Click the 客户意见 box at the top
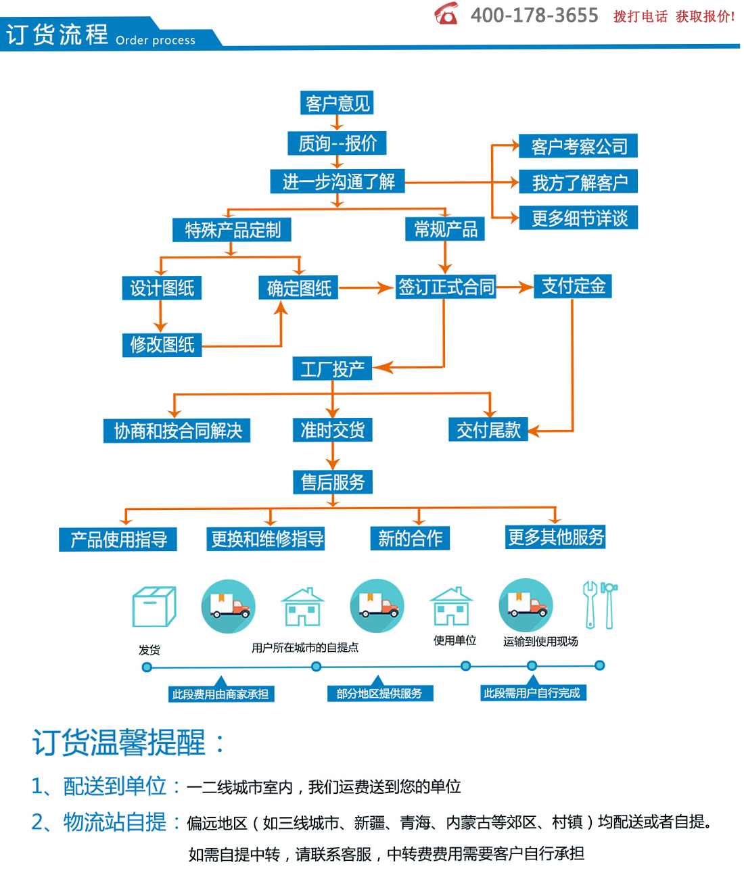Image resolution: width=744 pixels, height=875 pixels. (337, 103)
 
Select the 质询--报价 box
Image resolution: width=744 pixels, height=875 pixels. (337, 143)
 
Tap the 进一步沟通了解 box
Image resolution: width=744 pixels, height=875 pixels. (338, 182)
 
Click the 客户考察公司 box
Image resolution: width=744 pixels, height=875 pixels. (578, 146)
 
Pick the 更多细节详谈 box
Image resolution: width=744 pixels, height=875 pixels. (578, 218)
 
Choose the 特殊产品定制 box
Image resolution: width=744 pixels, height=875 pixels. (231, 230)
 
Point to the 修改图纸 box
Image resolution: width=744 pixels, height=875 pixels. (162, 345)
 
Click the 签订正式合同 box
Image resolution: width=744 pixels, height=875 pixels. (446, 287)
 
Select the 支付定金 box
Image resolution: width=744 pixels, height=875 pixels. (573, 286)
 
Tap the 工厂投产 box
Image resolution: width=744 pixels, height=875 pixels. (332, 369)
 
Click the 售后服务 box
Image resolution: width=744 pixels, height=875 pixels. (333, 482)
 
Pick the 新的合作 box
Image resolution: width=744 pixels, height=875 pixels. (410, 538)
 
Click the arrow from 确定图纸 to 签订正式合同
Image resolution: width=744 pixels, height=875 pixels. (367, 288)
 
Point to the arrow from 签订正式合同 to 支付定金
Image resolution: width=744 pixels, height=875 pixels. (515, 287)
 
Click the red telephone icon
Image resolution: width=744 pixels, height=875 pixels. (446, 14)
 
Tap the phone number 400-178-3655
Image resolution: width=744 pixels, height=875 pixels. (534, 16)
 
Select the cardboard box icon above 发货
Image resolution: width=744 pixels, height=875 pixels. (154, 606)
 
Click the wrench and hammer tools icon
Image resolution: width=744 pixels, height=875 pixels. (600, 605)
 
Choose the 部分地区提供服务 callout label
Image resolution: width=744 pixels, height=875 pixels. (380, 693)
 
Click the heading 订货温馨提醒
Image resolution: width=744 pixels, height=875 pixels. (118, 743)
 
